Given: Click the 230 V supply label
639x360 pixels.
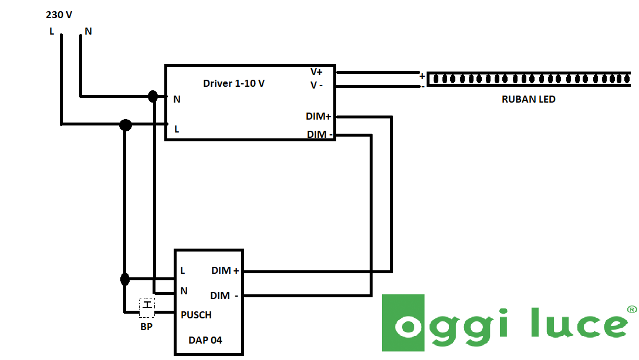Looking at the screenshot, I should click(59, 15).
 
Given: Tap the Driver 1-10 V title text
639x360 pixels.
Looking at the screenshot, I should click(234, 83).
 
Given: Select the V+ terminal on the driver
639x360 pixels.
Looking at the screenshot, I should click(316, 72).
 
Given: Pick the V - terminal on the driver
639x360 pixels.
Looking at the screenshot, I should click(316, 86).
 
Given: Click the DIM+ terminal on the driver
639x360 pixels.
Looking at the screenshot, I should click(318, 117).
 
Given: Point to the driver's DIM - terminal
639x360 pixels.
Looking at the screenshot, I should click(320, 135).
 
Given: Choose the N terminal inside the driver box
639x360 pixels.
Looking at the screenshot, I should click(177, 100).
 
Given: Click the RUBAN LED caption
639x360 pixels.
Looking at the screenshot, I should click(528, 100).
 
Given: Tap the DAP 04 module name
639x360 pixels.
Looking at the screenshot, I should click(205, 340).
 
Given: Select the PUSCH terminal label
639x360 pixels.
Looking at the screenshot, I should click(196, 315).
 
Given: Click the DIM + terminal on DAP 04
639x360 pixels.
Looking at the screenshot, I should click(225, 271).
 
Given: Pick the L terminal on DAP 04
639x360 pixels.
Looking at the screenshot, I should click(183, 271).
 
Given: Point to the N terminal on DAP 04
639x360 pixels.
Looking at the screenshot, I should click(184, 291).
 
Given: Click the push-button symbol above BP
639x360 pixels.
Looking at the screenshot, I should click(147, 305).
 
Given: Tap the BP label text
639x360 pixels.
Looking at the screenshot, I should click(146, 327).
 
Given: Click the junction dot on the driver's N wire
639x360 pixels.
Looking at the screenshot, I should click(153, 96).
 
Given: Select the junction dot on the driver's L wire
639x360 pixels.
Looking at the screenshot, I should click(125, 125).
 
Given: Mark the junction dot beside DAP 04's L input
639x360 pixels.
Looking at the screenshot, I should click(125, 279).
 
